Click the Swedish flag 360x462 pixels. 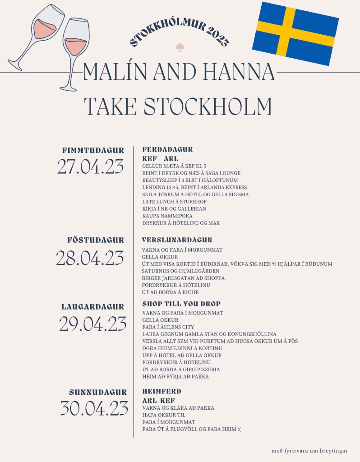pos(295,33)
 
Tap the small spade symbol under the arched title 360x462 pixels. pos(180,47)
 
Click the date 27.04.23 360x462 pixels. pos(90,167)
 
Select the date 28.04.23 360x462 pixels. pos(90,258)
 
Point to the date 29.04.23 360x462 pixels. pos(92,324)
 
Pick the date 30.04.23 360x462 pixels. pos(94,409)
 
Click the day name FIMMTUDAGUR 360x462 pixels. pos(93,150)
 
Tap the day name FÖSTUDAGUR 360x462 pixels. pos(96,240)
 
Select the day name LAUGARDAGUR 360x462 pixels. pos(92,307)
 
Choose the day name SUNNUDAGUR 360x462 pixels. pos(98,392)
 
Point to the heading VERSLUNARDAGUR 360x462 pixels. pos(177,240)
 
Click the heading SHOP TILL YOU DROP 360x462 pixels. pos(181,304)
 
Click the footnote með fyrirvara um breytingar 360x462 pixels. pos(309,450)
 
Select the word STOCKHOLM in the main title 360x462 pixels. pos(208,106)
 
